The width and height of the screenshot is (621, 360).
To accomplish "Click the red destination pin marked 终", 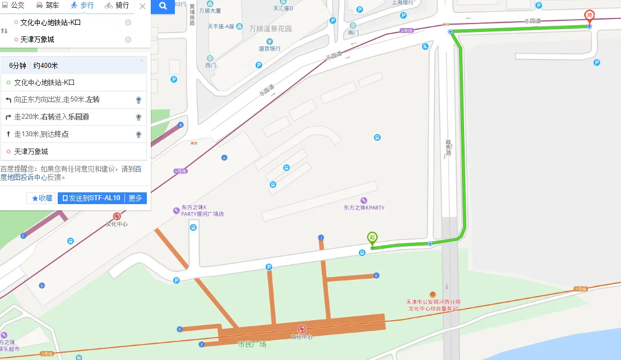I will pyautogui.click(x=589, y=16).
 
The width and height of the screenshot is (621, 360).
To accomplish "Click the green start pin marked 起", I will pyautogui.click(x=372, y=238).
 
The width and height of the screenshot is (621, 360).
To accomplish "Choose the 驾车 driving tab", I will pyautogui.click(x=48, y=6).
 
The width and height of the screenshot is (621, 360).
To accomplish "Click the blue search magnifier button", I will pyautogui.click(x=163, y=6).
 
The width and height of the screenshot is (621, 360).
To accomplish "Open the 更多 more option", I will pyautogui.click(x=135, y=198).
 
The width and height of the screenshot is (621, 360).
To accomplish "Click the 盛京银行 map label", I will pyautogui.click(x=270, y=49).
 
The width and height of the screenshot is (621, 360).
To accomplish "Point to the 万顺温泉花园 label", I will pyautogui.click(x=271, y=27).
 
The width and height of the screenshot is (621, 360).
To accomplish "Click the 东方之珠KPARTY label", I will pyautogui.click(x=364, y=207).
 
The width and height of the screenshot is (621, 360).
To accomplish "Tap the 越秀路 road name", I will pyautogui.click(x=448, y=147).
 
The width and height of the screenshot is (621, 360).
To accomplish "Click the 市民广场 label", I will pyautogui.click(x=252, y=344).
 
